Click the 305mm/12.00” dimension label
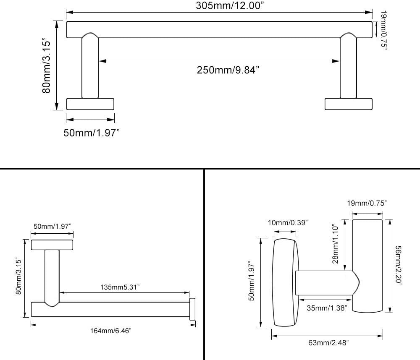[x=230, y=5]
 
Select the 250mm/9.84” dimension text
[x=228, y=70]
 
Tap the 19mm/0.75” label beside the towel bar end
[x=384, y=30]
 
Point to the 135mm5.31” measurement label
[x=120, y=287]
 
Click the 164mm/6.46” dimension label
[x=110, y=331]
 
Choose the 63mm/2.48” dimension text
[x=328, y=343]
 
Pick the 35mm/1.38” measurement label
[x=327, y=308]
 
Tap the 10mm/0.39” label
[x=288, y=223]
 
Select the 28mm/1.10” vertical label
[x=336, y=244]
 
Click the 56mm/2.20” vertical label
[x=399, y=266]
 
